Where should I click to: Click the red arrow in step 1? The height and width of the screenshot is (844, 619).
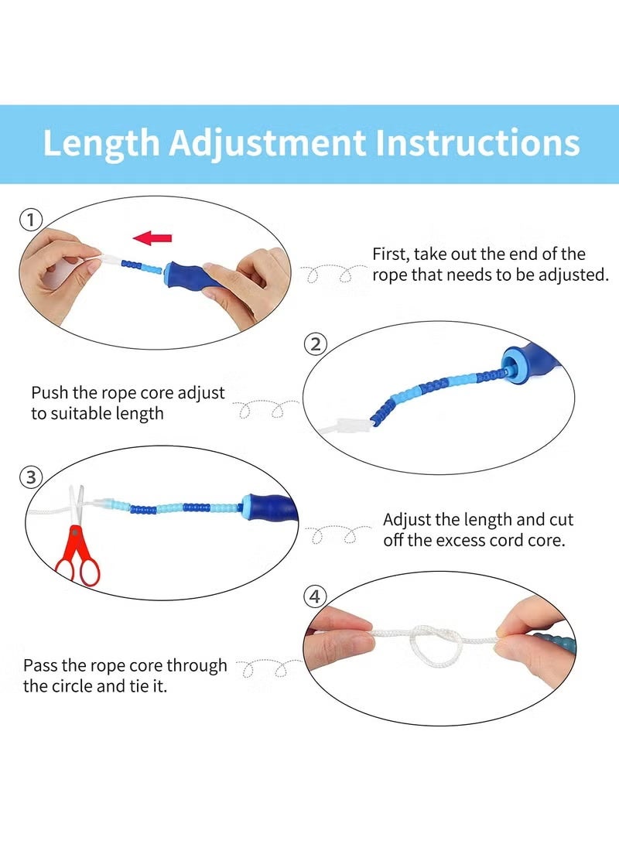pos(152,237)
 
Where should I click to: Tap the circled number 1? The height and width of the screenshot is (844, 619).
pos(31,220)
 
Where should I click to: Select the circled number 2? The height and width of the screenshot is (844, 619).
pos(316,344)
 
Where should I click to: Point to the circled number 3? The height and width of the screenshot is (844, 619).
pos(31,477)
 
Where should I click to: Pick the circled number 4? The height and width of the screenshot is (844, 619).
pos(315,596)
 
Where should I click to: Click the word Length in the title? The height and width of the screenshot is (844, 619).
pos(101,143)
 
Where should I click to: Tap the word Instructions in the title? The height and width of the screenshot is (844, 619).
pos(477,143)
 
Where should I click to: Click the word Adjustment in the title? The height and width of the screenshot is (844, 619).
pos(268,144)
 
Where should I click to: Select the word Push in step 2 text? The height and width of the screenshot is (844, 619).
pos(50,392)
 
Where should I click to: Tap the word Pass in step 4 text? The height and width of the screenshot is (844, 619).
pos(40,665)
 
